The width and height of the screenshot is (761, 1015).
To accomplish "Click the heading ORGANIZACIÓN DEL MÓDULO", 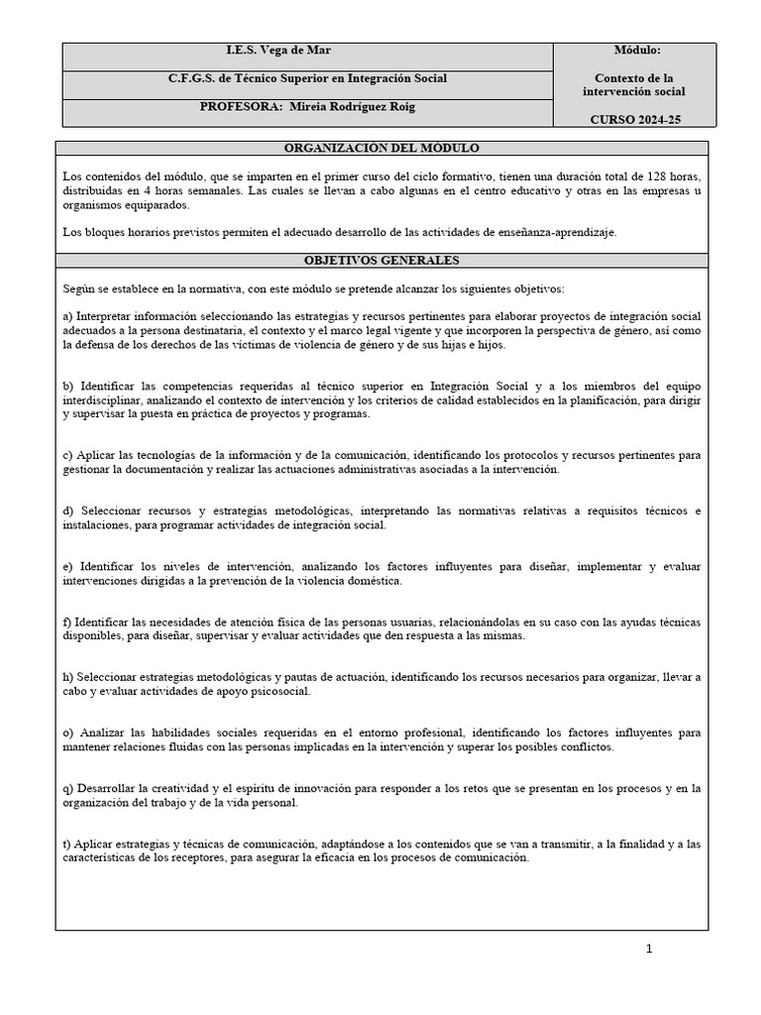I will coord(381,149).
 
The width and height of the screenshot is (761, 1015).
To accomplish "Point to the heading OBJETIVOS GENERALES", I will coord(381,261).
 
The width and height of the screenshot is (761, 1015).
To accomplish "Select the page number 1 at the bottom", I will coord(649,949).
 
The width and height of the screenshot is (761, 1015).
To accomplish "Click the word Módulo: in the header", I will coord(639,50).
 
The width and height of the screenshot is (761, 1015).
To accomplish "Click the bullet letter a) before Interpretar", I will coord(67,315).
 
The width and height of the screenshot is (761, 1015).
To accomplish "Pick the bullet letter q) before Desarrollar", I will coord(67,789).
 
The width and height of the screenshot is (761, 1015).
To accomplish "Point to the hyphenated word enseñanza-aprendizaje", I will coord(555,232).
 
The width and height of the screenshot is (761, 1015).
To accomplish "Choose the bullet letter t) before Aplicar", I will coord(65,845).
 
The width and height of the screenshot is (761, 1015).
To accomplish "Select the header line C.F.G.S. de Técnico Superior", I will coord(306,78).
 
